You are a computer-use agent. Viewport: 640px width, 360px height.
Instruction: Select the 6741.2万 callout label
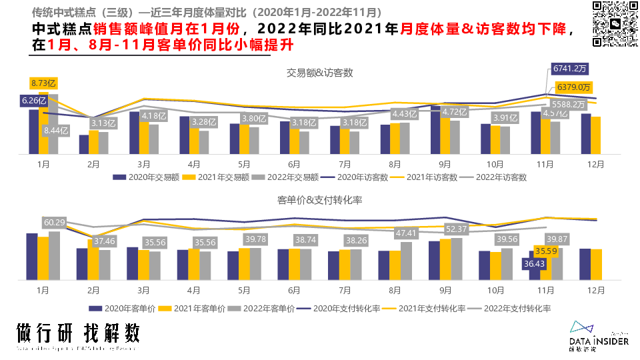(570, 68)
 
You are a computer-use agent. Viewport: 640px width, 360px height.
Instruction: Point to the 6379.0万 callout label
(574, 87)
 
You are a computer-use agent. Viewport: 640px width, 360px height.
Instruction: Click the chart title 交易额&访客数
(319, 72)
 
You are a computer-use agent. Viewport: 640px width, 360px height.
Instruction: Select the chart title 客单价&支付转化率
(319, 199)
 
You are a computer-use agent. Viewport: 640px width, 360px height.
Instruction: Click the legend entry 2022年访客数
(496, 177)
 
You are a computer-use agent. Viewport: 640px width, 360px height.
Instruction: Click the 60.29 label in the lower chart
(55, 222)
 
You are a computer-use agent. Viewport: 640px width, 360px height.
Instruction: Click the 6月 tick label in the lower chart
(295, 291)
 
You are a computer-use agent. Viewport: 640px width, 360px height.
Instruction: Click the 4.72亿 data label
(456, 112)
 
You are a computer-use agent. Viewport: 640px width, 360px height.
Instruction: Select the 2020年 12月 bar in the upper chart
(586, 133)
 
